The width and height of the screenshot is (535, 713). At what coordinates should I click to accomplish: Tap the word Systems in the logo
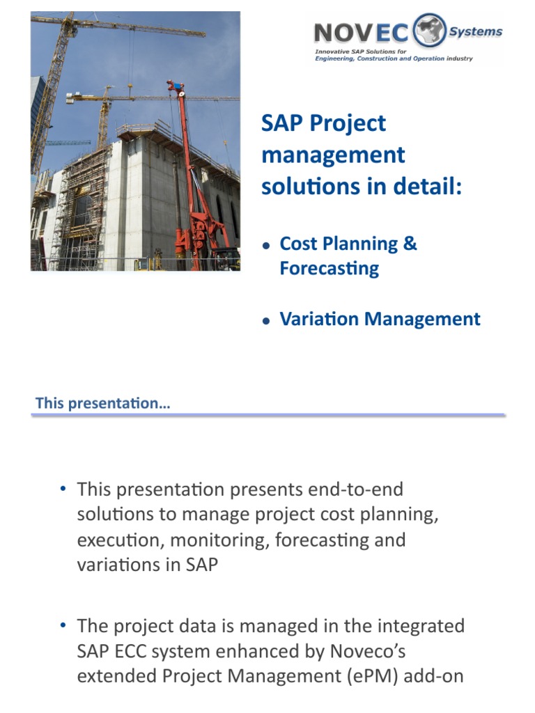(x=476, y=31)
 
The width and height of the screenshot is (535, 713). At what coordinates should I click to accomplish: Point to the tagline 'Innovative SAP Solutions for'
(x=355, y=52)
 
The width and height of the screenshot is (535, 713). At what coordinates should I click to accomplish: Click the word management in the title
(x=333, y=155)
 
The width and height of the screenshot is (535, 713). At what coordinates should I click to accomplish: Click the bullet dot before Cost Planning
(x=266, y=246)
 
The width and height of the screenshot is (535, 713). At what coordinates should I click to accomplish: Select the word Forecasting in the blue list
(x=329, y=269)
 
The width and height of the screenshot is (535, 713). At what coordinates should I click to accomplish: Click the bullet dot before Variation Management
(x=266, y=321)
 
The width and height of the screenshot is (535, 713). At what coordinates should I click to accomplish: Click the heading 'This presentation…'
(x=102, y=403)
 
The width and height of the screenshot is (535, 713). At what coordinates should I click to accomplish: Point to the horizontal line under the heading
(x=268, y=415)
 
